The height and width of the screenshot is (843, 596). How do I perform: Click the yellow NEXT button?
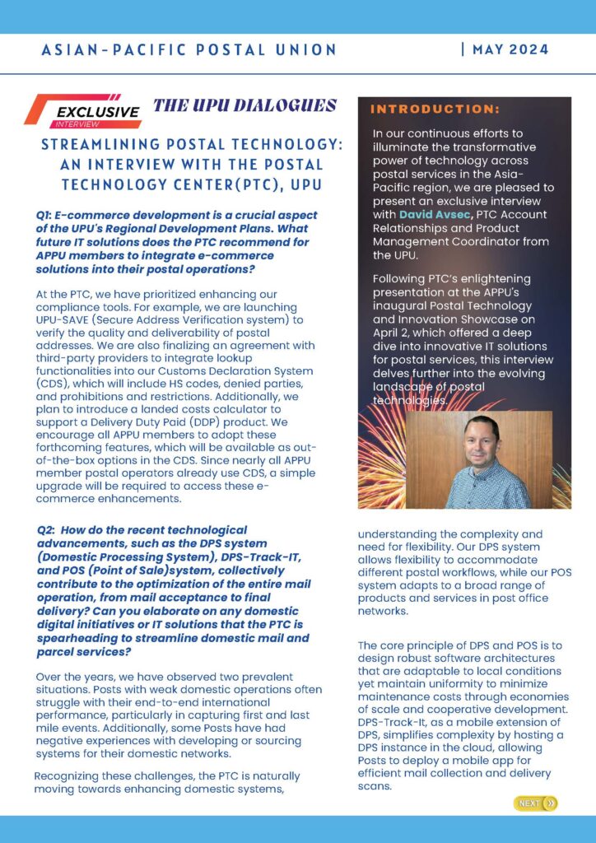(x=535, y=803)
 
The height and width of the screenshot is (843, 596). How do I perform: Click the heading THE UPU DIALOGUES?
(x=244, y=105)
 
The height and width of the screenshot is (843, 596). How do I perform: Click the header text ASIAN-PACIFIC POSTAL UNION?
(x=189, y=50)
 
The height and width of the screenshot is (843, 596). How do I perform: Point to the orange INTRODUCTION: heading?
(x=435, y=109)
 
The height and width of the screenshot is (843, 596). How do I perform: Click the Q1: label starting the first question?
(x=46, y=216)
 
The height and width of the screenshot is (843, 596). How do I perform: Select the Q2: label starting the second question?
(x=49, y=530)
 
